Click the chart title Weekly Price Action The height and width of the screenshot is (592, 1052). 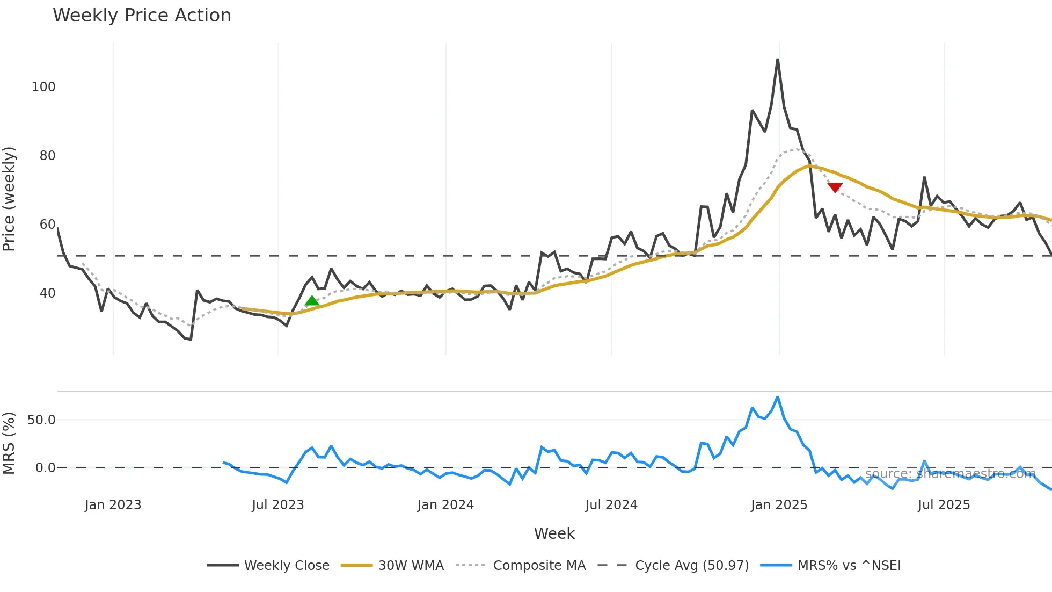[142, 16]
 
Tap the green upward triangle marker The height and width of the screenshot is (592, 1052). [312, 301]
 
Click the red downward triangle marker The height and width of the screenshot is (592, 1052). [835, 187]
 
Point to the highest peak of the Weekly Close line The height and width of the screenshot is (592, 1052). [778, 60]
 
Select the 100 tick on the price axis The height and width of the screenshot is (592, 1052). [43, 87]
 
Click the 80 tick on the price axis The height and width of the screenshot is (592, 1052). [47, 156]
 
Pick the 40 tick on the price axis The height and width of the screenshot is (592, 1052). [47, 293]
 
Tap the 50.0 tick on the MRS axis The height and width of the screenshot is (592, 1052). [41, 420]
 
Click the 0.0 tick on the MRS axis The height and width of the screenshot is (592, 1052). [45, 468]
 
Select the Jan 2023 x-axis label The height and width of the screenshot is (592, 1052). [113, 505]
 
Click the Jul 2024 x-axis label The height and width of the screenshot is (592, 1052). [611, 505]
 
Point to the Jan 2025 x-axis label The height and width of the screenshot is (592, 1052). [779, 505]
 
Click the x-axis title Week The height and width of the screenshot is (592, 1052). [554, 533]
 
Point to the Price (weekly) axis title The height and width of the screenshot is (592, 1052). [9, 199]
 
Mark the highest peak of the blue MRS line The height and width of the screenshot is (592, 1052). [778, 398]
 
